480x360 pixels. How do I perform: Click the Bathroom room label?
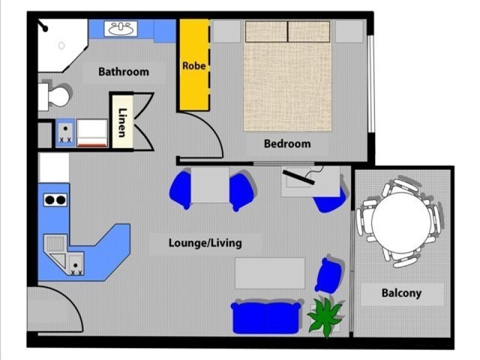(x=124, y=72)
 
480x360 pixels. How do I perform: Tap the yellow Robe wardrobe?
(x=194, y=65)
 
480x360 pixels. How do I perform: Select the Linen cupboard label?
(x=122, y=122)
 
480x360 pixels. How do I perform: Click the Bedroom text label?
(x=287, y=144)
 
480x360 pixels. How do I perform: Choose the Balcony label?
(x=401, y=293)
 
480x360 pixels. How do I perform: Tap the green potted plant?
(x=325, y=316)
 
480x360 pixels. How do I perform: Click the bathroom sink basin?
(x=122, y=29)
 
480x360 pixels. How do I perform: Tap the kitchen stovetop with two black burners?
(x=55, y=200)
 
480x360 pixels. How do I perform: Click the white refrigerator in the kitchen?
(x=54, y=168)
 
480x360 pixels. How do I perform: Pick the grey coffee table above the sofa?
(x=270, y=273)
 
